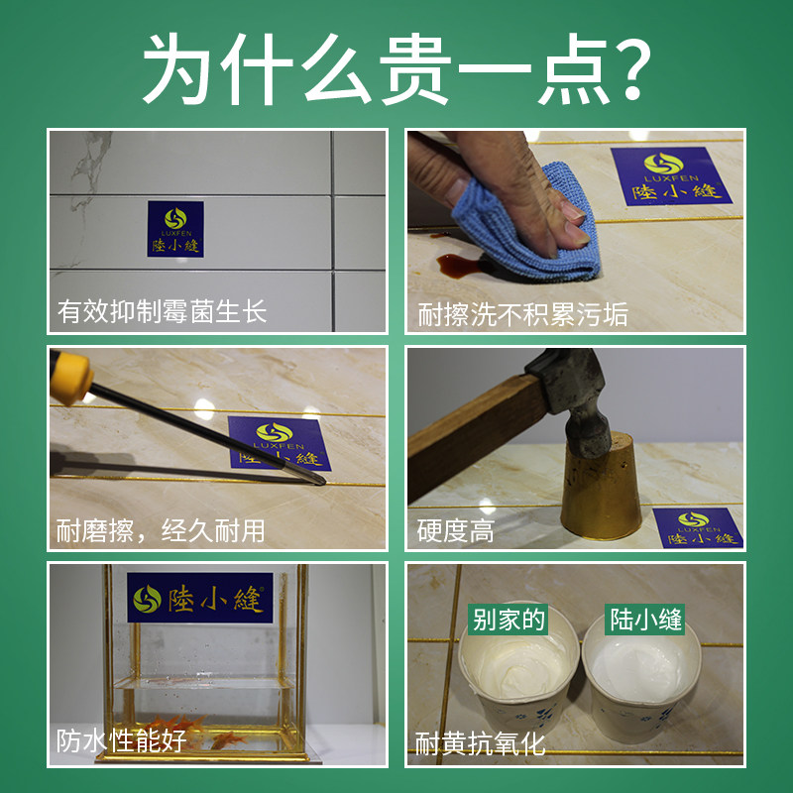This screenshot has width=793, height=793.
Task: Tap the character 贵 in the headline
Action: click(415, 69)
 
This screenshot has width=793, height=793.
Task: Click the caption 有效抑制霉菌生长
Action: click(162, 311)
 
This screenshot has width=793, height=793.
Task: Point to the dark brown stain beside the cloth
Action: click(458, 264)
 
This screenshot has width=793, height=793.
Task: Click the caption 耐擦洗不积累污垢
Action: click(522, 314)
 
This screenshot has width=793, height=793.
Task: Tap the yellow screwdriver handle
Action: click(69, 376)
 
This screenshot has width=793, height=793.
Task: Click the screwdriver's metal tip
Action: click(319, 481)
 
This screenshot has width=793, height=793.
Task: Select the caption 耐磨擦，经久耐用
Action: click(161, 530)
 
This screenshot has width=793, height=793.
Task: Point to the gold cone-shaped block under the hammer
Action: click(601, 487)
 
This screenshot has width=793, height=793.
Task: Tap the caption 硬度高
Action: click(455, 531)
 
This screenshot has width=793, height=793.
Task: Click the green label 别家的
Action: click(508, 619)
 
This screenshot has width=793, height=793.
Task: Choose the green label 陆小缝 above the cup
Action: click(645, 619)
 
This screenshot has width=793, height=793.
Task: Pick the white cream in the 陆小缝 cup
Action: click(640, 668)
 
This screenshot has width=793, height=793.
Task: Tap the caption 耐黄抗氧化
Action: click(480, 743)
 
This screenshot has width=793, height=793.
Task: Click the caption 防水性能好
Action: click(121, 740)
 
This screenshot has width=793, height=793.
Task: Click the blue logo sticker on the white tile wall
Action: click(175, 229)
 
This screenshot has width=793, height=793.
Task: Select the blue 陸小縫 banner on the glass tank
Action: click(200, 598)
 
